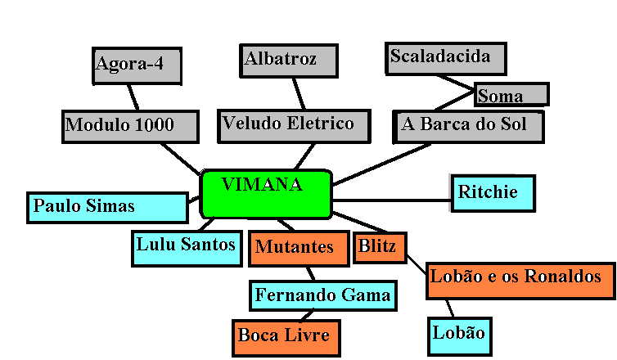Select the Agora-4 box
136,65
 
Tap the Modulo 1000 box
130,127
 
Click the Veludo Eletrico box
287,125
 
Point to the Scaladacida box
445,58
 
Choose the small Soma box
511,94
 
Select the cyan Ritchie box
493,193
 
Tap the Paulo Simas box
108,207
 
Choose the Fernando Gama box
322,295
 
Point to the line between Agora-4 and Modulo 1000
132,97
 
